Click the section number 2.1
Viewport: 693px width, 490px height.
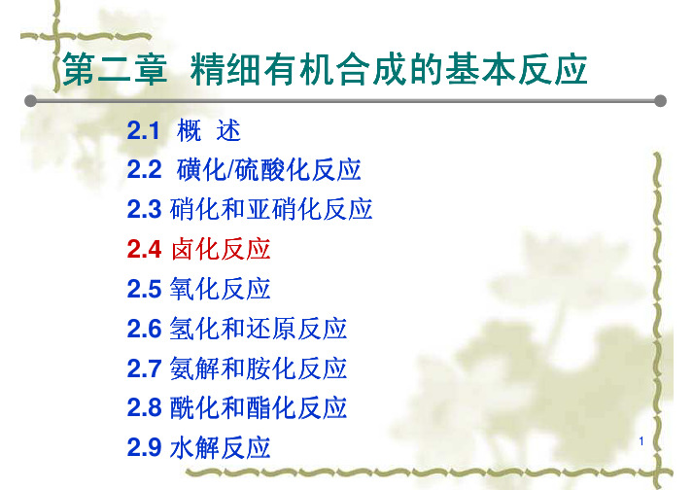[143, 131]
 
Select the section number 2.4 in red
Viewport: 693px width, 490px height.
[144, 250]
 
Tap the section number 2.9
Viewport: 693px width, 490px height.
[144, 447]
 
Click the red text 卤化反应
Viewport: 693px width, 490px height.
[221, 249]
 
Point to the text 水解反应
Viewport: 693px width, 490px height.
[220, 447]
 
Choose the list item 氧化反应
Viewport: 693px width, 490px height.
[220, 289]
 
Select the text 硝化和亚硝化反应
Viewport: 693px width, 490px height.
[271, 209]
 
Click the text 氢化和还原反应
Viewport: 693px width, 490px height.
[259, 329]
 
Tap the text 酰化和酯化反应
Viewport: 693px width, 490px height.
[259, 407]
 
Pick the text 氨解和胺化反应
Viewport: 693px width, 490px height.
[259, 368]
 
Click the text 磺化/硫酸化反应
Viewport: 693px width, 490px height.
[268, 170]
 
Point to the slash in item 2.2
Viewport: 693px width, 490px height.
[230, 170]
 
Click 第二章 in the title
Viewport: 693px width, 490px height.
[115, 70]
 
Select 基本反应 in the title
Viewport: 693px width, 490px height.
[516, 69]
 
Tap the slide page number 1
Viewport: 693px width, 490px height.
[641, 441]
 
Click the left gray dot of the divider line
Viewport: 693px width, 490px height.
[30, 101]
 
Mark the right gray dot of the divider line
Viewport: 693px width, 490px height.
[660, 101]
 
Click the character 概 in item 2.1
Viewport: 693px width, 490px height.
[189, 131]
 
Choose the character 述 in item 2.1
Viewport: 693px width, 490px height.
[228, 131]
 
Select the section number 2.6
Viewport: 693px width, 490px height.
[144, 329]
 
